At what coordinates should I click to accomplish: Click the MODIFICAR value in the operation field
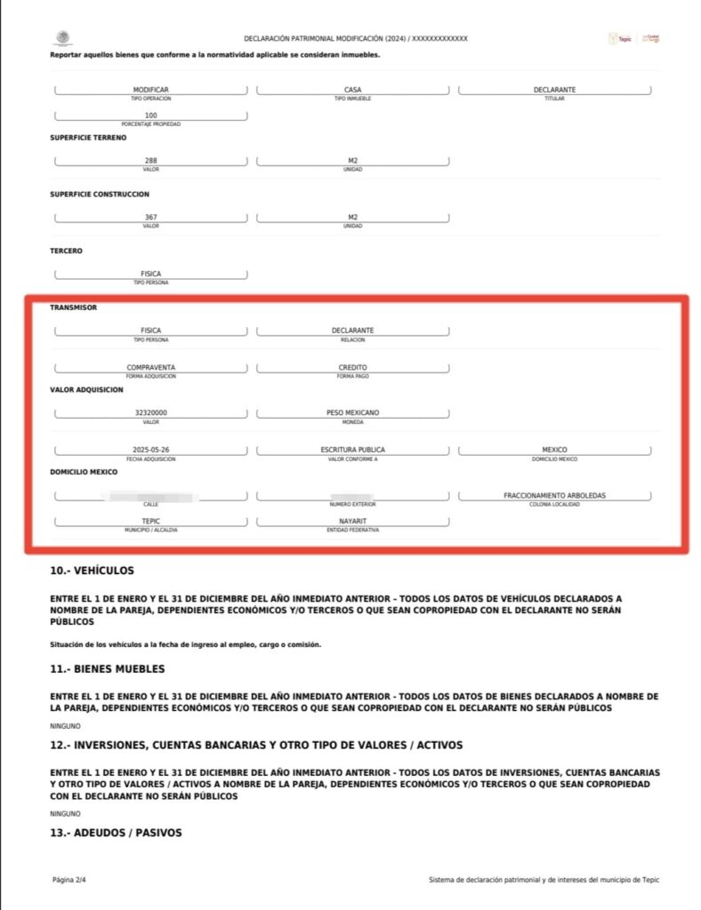tap(151, 90)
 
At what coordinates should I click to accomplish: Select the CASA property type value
tap(352, 90)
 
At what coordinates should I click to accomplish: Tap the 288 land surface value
tap(151, 161)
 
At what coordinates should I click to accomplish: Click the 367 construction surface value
tap(151, 218)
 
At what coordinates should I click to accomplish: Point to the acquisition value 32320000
tap(151, 413)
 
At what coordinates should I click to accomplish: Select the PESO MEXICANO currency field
tap(352, 413)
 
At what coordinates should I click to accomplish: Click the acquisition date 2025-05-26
tap(151, 450)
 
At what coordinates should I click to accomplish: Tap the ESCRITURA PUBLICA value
tap(352, 450)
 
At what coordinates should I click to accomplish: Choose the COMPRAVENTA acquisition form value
tap(151, 367)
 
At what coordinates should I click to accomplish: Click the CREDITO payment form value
tap(352, 367)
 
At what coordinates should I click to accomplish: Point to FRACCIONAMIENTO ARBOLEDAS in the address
tap(554, 495)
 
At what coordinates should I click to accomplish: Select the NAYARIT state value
tap(352, 521)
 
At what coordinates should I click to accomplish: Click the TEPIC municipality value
tap(151, 521)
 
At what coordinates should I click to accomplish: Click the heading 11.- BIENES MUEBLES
tap(108, 668)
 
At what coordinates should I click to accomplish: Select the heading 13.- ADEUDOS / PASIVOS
tap(116, 833)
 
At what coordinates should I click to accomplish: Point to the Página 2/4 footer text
tap(68, 880)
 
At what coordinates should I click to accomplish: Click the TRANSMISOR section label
tap(73, 307)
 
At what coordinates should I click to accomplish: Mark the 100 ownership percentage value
tap(151, 116)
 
